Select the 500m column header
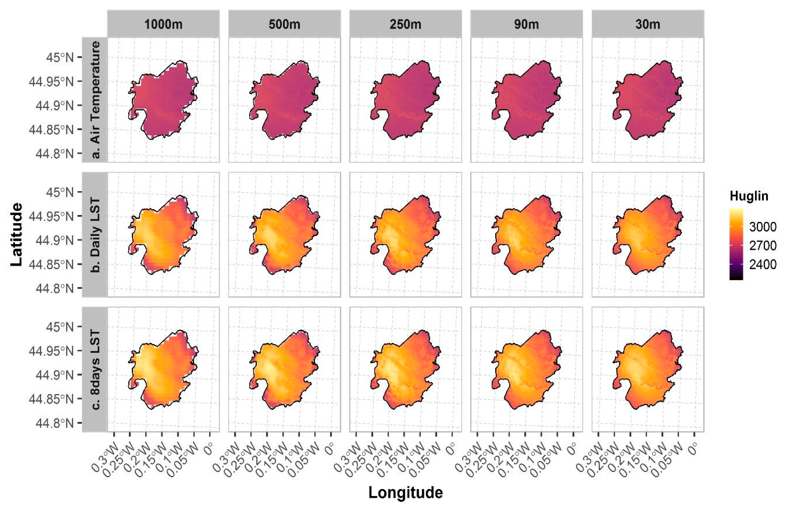coord(284,24)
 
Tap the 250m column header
coord(405,24)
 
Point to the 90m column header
coord(526,24)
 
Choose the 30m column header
coord(648,24)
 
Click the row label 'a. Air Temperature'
coord(95,100)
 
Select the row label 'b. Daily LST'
coord(95,234)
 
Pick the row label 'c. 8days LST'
coord(95,369)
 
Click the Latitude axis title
coord(17,234)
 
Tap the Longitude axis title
coord(405,493)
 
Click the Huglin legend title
coord(749,196)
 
